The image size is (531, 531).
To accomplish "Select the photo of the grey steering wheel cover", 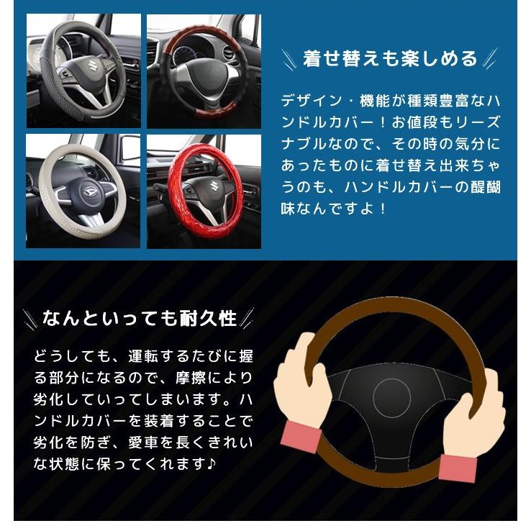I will point(83,71).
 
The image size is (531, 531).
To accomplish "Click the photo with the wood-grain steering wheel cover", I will point(204,71).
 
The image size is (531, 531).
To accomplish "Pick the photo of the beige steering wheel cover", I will point(83,191).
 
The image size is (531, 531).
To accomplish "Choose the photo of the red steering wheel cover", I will point(204,191).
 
